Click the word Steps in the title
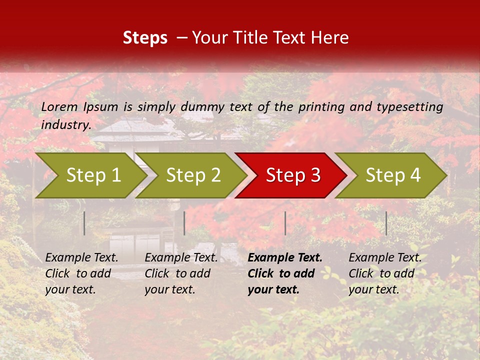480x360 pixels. click(x=145, y=38)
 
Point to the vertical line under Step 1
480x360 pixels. click(x=84, y=223)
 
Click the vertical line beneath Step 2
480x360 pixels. click(x=184, y=223)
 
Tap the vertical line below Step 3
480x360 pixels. click(x=285, y=223)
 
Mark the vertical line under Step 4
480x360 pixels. click(x=386, y=223)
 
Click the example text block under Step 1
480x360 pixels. click(x=81, y=273)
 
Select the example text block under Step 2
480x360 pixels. click(x=181, y=273)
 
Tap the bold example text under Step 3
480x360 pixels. click(x=285, y=273)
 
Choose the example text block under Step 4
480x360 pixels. click(x=385, y=273)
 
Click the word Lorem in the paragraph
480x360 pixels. click(x=59, y=106)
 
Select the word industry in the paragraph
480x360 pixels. click(x=65, y=125)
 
